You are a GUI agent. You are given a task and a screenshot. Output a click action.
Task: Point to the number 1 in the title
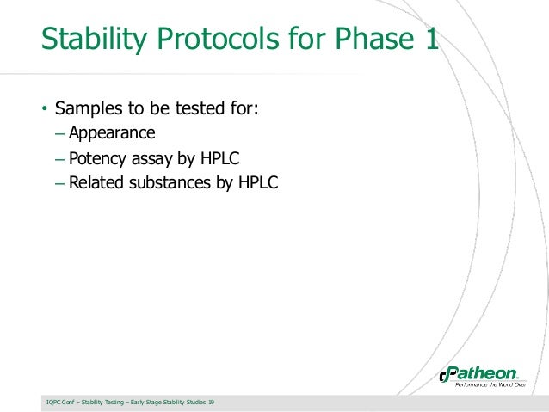[x=428, y=40]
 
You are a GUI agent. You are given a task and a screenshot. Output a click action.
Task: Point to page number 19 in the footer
[x=212, y=403]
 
